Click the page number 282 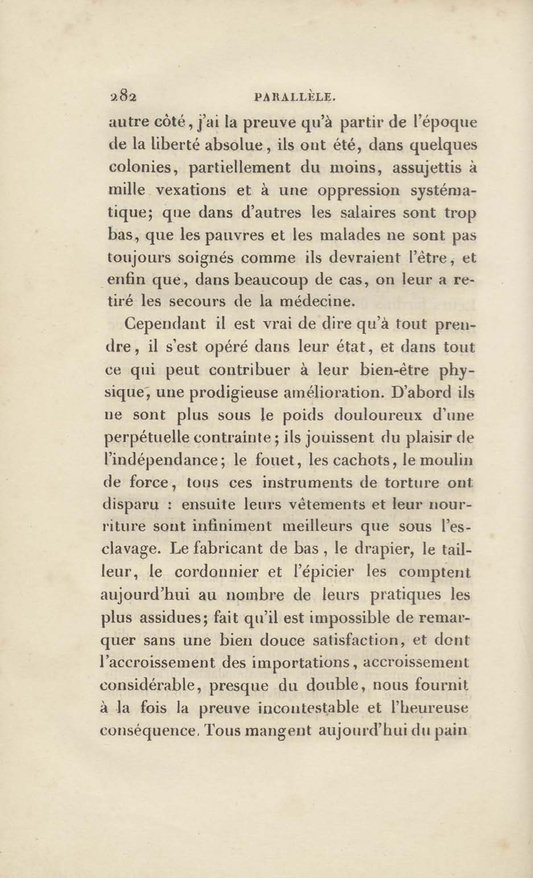coord(123,97)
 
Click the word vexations coord(191,190)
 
